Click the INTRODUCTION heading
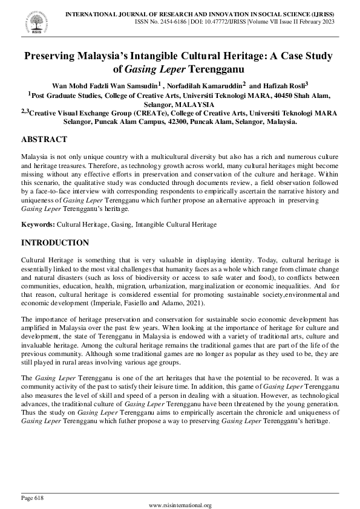click(x=55, y=243)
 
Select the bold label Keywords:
click(x=38, y=224)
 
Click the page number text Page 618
click(x=33, y=498)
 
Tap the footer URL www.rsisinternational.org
click(x=180, y=505)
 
